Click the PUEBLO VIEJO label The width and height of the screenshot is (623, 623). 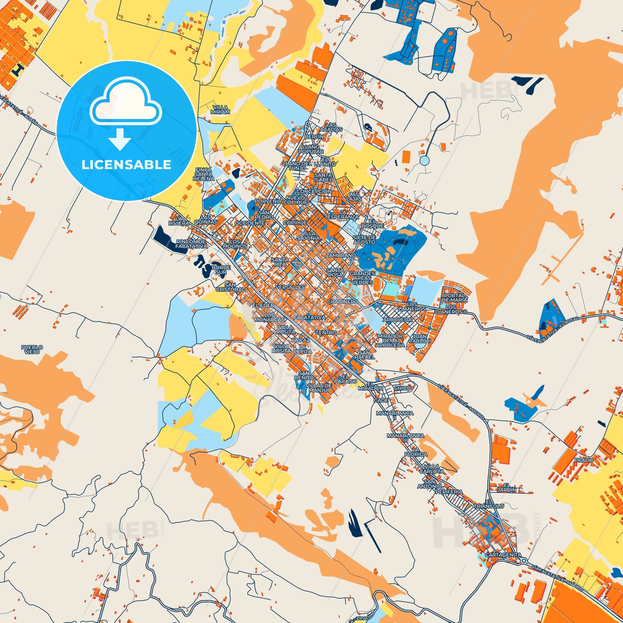coord(32,350)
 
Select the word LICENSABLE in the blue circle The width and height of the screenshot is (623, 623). coord(126,165)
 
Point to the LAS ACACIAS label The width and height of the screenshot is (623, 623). coord(334,127)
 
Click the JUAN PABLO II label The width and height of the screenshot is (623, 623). coord(419,338)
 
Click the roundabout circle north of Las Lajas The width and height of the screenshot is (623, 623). coord(425,160)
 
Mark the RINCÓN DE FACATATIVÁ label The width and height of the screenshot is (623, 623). coord(191,244)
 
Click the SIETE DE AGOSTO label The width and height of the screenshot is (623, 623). coord(364,239)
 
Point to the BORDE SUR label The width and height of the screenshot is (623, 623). coord(221,270)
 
